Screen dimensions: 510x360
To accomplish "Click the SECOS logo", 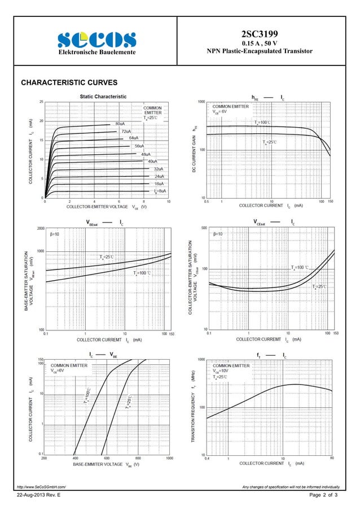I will click(96, 40).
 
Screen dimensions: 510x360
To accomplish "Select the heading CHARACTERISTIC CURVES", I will click(69, 82).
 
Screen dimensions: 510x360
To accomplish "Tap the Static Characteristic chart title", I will click(103, 97).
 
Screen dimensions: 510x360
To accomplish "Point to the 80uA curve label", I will click(120, 123).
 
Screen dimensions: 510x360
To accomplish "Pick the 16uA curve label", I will click(159, 184).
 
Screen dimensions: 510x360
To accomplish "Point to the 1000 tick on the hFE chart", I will click(201, 102).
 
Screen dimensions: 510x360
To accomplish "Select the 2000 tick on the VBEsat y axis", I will click(41, 229).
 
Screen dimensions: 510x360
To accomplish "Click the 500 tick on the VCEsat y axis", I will click(203, 228).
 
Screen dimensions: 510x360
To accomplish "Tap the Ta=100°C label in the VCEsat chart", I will click(301, 267).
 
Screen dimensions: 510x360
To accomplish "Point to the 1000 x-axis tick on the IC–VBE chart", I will click(169, 459).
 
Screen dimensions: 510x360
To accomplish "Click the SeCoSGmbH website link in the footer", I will click(41, 486).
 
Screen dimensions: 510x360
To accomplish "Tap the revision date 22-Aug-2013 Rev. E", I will click(39, 495).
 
